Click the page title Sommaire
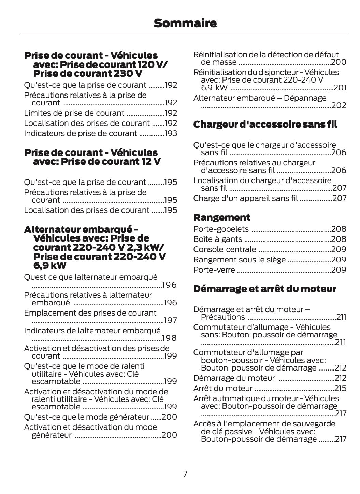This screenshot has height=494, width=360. [185, 23]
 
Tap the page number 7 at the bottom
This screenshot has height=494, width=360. [185, 474]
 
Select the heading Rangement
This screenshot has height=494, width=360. [221, 217]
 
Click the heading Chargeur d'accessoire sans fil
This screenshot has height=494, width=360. [265, 125]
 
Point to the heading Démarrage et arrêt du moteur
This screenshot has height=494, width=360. [264, 289]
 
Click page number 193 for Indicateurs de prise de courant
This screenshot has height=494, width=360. [171, 133]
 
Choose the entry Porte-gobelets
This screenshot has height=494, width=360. [221, 229]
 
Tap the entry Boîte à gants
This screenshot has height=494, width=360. [217, 239]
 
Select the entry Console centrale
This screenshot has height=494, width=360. [224, 249]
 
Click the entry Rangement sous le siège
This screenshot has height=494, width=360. [239, 260]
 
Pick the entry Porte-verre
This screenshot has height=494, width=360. [214, 270]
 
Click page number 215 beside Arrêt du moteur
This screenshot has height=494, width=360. [340, 388]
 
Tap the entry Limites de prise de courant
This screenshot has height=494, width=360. [74, 113]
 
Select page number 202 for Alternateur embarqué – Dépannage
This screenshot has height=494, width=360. [339, 105]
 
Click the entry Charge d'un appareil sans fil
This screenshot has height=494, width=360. [245, 198]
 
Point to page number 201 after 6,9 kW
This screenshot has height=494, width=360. [340, 88]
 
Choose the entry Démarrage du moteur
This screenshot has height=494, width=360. [234, 378]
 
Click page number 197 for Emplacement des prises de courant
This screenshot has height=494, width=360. [170, 320]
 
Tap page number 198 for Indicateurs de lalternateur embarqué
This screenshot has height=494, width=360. [169, 338]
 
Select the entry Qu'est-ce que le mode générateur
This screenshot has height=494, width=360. [87, 417]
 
